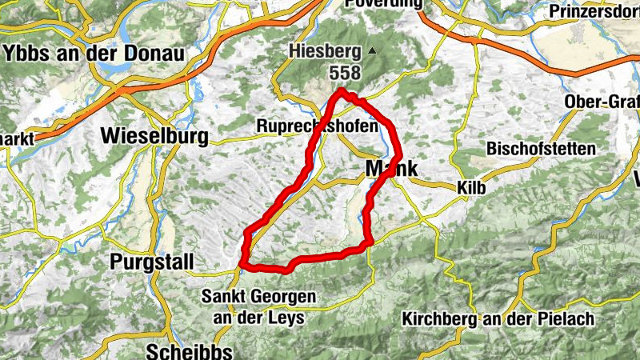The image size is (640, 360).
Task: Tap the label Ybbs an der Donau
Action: (x=94, y=54)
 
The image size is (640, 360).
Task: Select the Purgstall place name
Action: (x=149, y=262)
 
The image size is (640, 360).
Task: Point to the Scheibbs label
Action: (x=190, y=351)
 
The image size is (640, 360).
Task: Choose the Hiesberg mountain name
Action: (x=323, y=53)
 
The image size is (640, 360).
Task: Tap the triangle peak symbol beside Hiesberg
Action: (x=372, y=52)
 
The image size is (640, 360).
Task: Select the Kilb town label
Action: (x=471, y=187)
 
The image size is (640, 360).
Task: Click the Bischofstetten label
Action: (x=541, y=150)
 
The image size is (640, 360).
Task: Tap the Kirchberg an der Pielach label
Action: (x=499, y=319)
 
